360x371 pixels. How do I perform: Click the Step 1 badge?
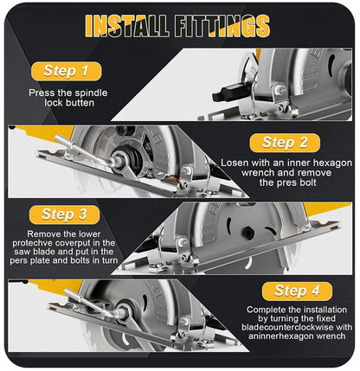point(67,71)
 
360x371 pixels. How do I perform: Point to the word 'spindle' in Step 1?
point(97,93)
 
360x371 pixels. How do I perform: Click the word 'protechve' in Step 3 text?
point(47,244)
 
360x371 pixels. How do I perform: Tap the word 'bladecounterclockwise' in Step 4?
point(281,329)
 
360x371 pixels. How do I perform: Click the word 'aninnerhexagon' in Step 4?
point(272,340)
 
